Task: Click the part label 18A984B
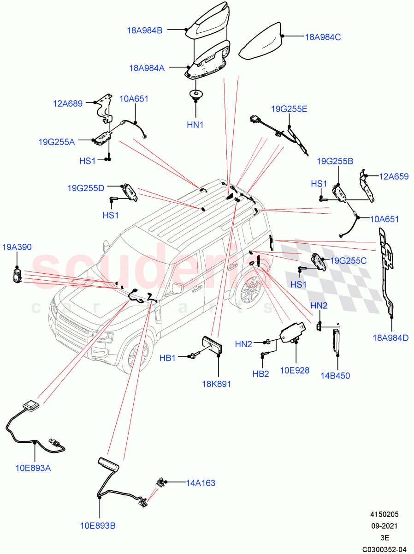(x=145, y=31)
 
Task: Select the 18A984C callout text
(x=323, y=37)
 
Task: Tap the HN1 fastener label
(x=195, y=125)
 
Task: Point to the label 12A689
(x=68, y=103)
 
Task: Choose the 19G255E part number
(x=289, y=109)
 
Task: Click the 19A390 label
(x=17, y=247)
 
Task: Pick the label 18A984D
(x=391, y=337)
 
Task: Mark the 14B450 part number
(x=335, y=375)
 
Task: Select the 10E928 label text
(x=295, y=370)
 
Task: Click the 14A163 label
(x=201, y=483)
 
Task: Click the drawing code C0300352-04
(x=384, y=549)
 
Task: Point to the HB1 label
(x=167, y=357)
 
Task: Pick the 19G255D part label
(x=86, y=188)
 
